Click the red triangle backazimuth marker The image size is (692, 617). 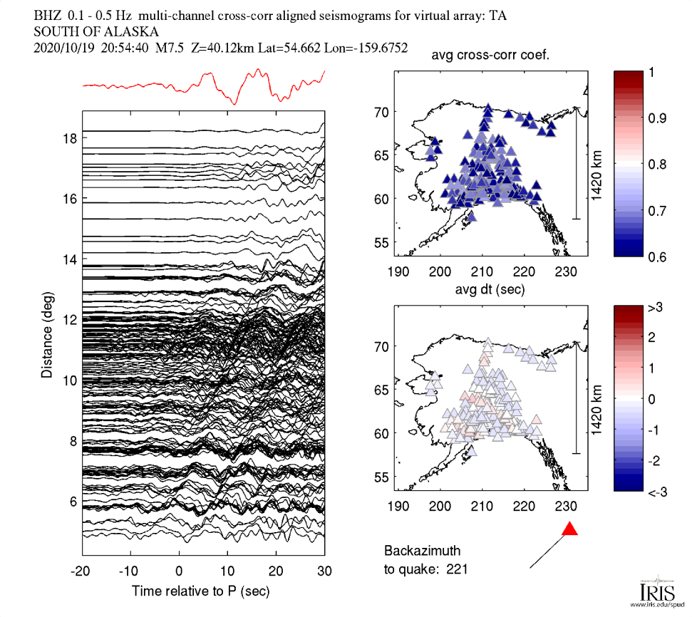(x=569, y=529)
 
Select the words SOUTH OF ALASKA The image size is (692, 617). (x=96, y=31)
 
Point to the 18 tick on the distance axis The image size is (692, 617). (x=68, y=138)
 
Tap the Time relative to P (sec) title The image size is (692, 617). (x=201, y=591)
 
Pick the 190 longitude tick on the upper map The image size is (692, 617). (x=398, y=271)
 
